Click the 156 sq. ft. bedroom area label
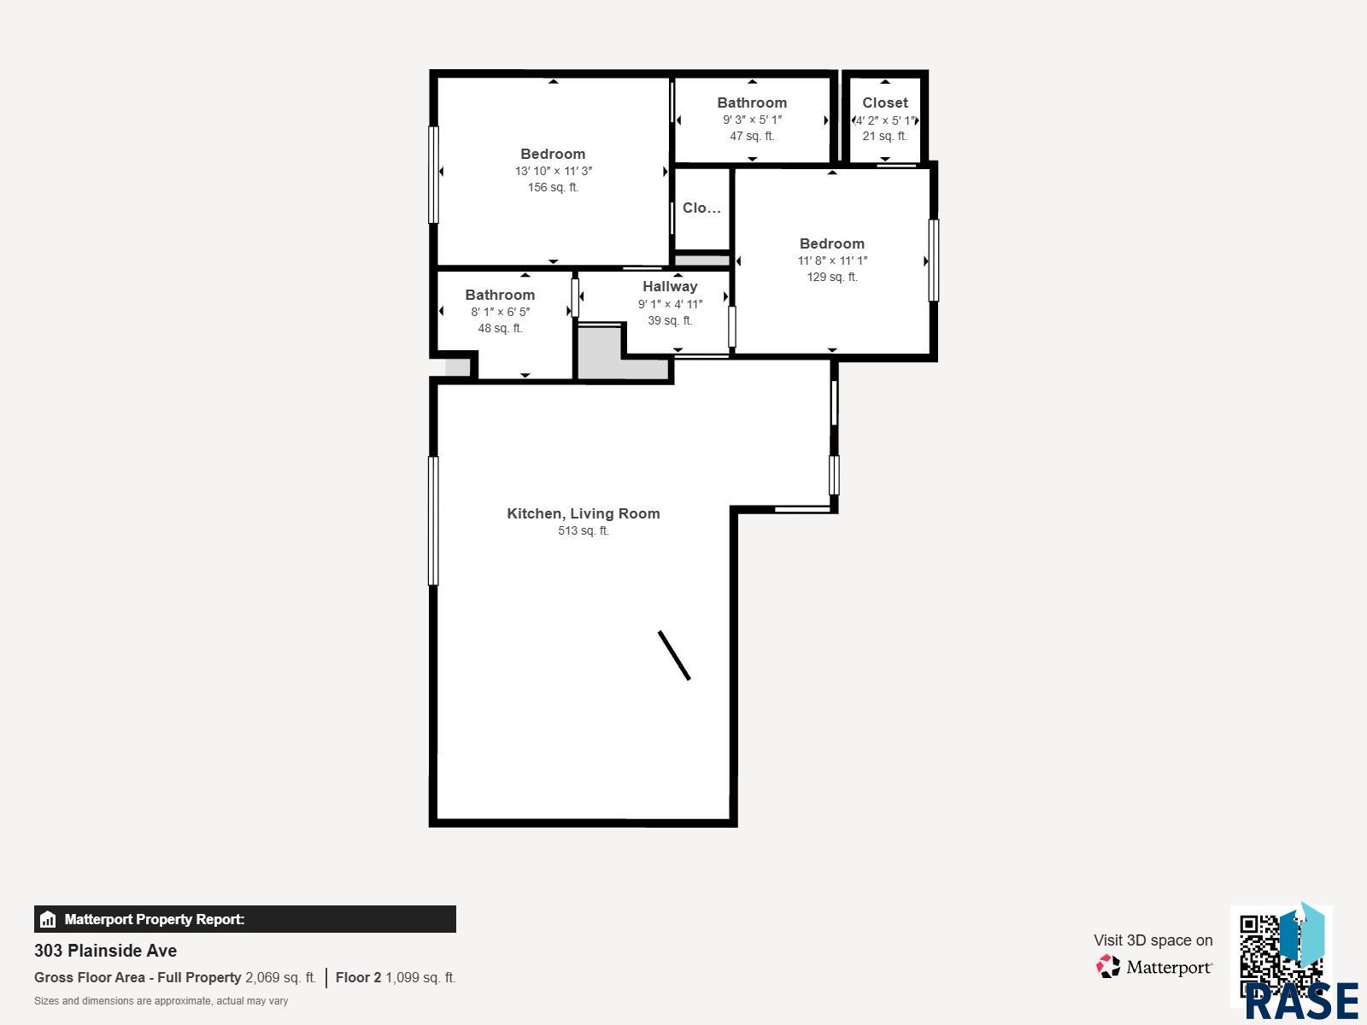point(553,187)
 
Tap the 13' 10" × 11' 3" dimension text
point(553,171)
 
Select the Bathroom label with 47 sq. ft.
point(752,102)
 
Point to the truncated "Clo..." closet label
point(701,208)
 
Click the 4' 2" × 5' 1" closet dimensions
point(885,120)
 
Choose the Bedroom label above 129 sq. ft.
point(832,243)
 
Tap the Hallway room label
point(670,286)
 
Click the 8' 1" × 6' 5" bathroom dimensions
point(500,312)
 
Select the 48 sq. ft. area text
point(500,328)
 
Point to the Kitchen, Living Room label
point(584,513)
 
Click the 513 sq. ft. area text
point(584,530)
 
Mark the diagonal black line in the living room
point(674,655)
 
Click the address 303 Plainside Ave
point(105,951)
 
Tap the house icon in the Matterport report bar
point(48,919)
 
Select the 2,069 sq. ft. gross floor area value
point(281,978)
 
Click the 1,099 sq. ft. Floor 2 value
point(420,978)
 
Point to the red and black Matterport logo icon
point(1107,967)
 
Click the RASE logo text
point(1301,1001)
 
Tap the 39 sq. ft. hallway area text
point(670,320)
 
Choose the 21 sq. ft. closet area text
point(885,136)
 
